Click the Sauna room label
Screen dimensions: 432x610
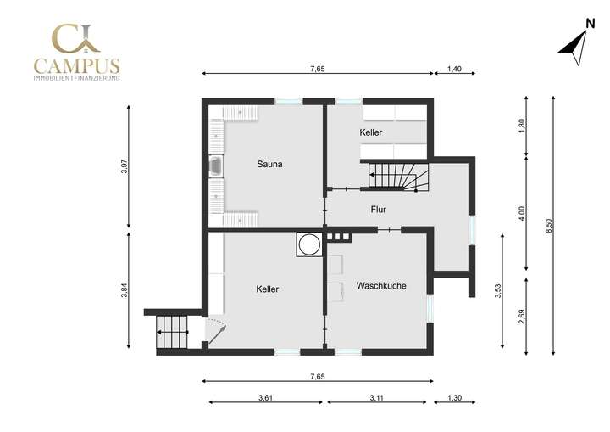[x=269, y=164]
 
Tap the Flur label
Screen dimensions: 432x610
[x=379, y=208]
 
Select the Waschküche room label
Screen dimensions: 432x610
[x=380, y=286]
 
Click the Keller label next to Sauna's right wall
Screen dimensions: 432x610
[x=370, y=133]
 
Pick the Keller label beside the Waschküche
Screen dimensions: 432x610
[x=267, y=289]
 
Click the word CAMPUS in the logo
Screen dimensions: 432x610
[x=76, y=65]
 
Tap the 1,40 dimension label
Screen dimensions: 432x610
[x=454, y=70]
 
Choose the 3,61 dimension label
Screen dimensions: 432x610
[x=265, y=397]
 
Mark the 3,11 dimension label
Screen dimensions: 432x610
[x=378, y=397]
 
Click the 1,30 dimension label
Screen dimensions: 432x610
[x=454, y=397]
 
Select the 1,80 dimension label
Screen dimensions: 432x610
[x=522, y=125]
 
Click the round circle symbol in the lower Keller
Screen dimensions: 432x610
[x=308, y=244]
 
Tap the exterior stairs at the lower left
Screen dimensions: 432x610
[x=172, y=332]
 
